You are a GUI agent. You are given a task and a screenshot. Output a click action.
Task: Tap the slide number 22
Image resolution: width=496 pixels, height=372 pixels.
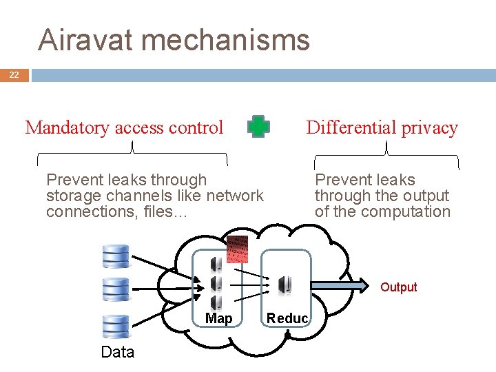tap(14, 75)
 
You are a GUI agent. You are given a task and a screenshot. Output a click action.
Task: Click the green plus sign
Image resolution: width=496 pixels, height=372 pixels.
tap(259, 127)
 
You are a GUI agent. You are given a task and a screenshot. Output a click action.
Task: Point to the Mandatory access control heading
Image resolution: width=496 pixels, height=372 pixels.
tap(124, 127)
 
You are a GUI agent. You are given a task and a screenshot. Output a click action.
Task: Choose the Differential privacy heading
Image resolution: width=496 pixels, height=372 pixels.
tap(382, 127)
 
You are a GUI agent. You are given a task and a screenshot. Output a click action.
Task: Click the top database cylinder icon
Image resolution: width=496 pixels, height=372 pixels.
tap(115, 256)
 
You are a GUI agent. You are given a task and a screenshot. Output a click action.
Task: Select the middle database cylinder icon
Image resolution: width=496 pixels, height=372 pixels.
tap(115, 289)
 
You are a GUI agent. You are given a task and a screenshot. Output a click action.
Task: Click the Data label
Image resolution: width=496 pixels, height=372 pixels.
tap(117, 352)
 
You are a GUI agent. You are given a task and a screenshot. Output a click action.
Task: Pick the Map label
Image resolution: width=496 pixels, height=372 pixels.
tap(218, 318)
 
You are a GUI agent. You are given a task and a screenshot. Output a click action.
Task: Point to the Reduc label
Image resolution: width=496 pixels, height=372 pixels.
tap(287, 318)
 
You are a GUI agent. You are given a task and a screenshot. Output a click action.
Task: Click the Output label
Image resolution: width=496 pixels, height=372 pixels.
tap(399, 287)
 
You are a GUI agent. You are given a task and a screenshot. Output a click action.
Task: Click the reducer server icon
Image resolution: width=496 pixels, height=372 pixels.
tap(284, 285)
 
